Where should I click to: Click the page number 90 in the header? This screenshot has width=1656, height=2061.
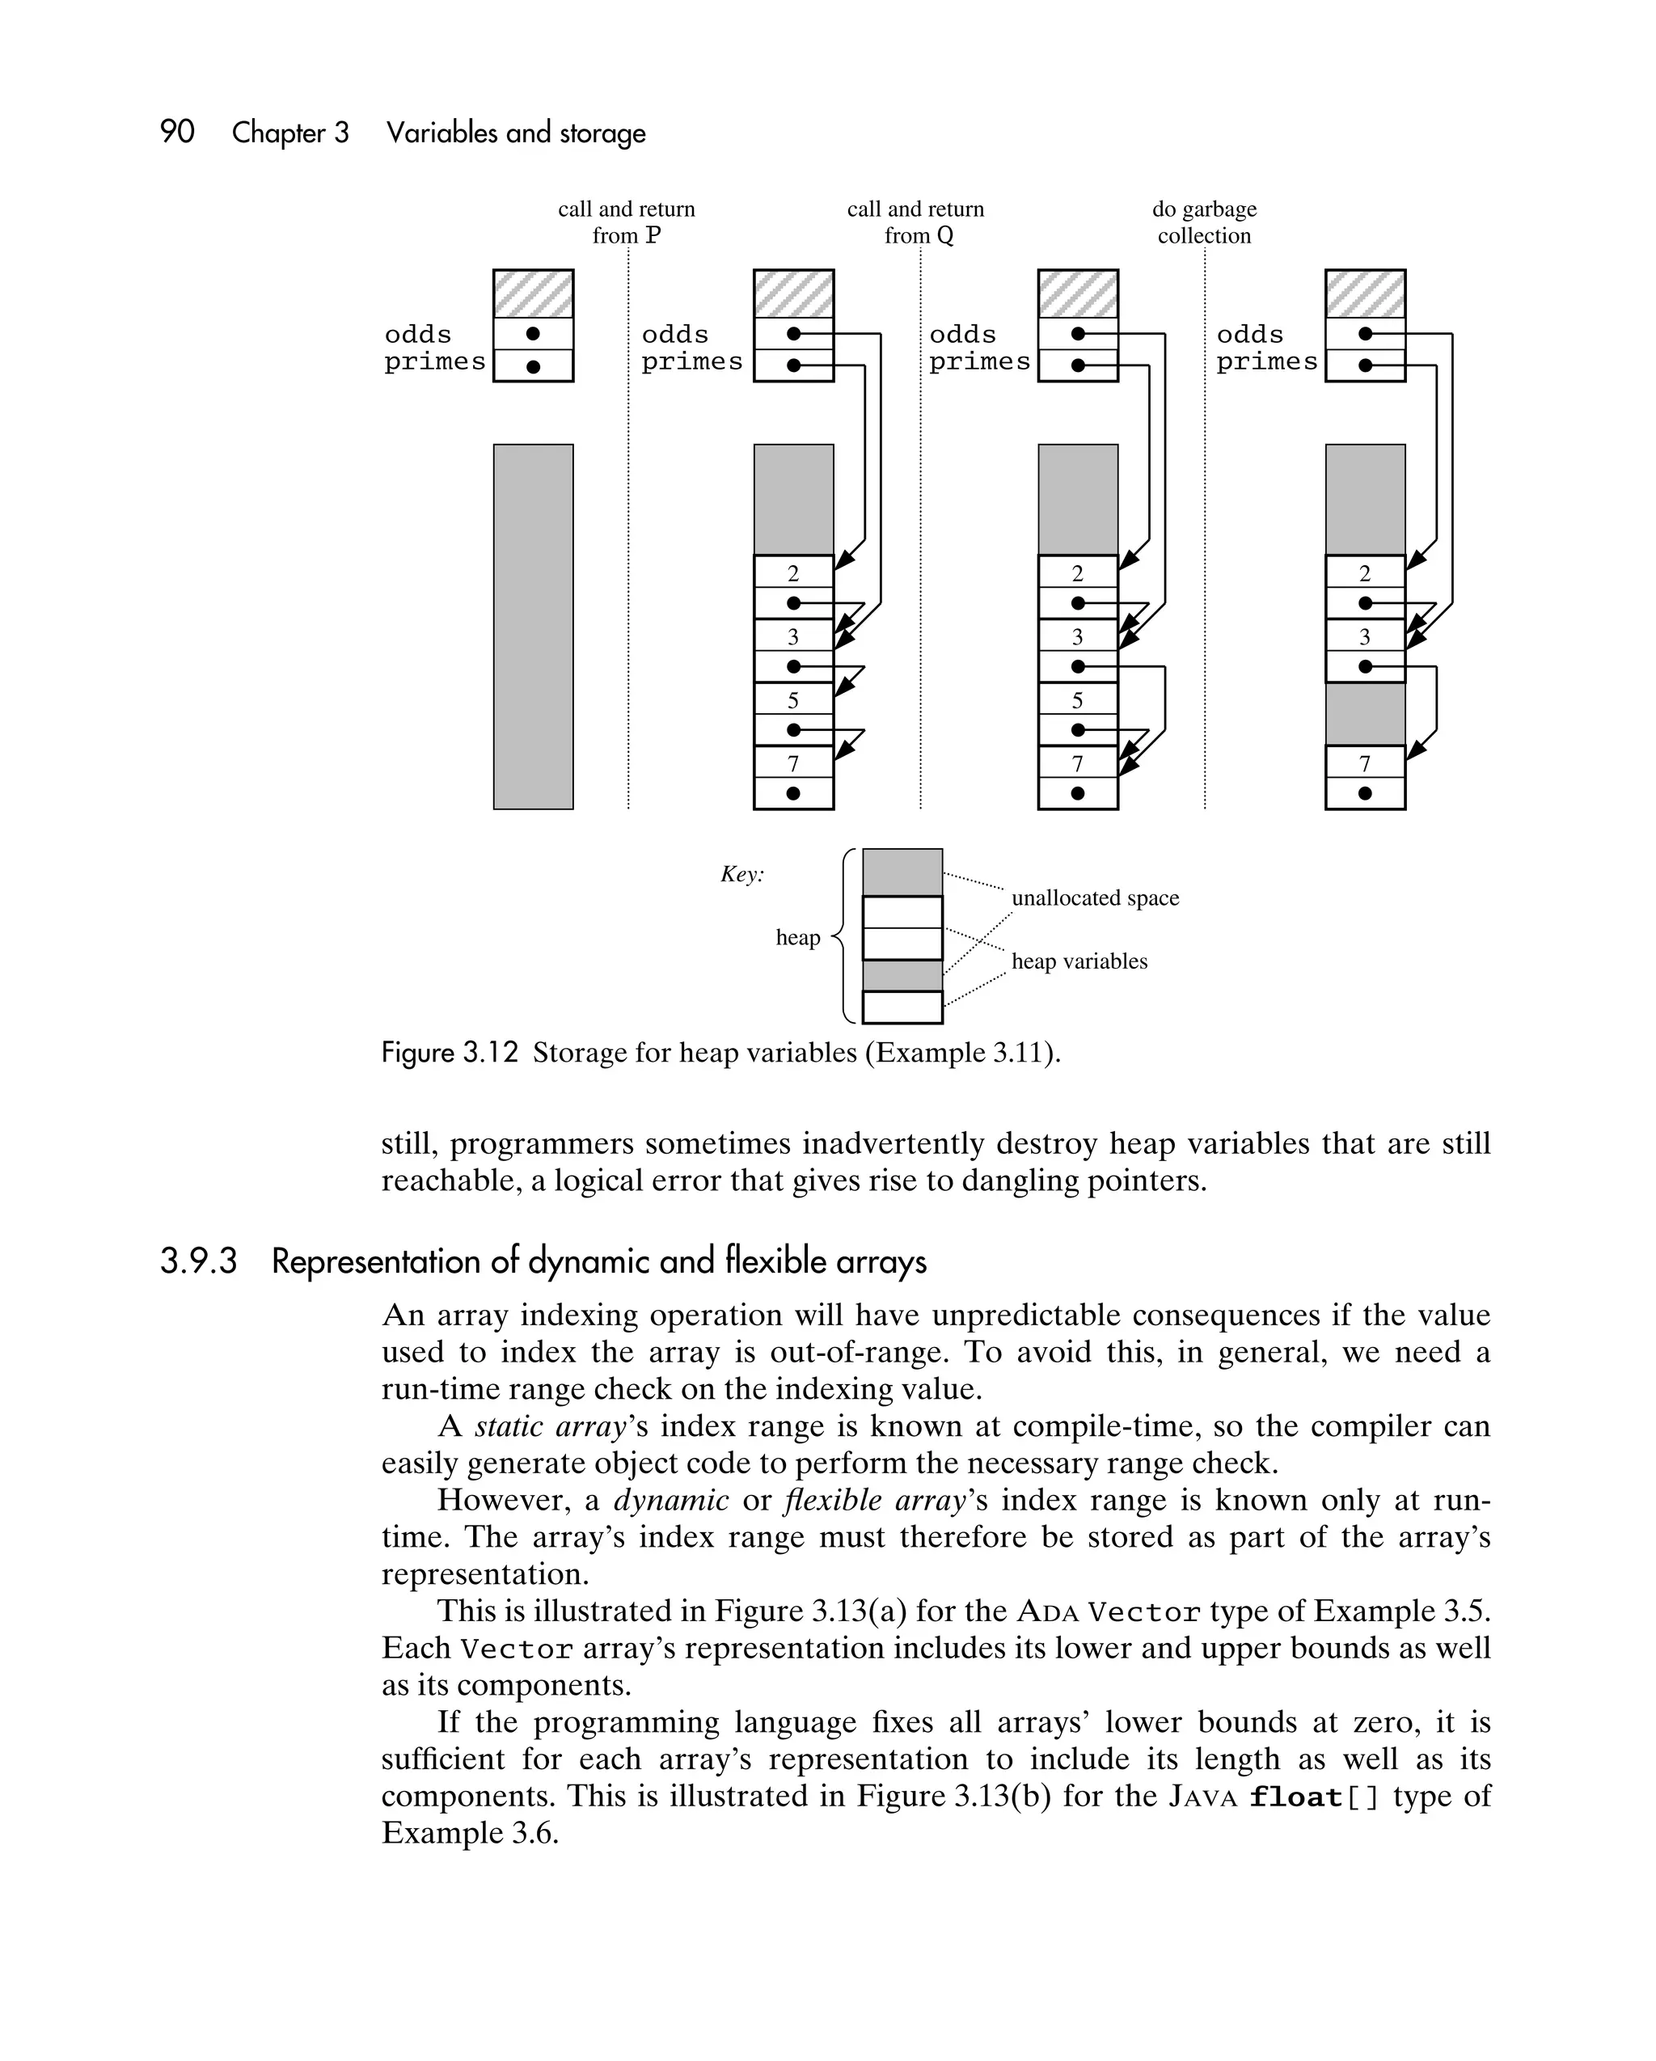coord(177,132)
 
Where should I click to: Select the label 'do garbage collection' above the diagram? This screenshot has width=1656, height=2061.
coord(1204,222)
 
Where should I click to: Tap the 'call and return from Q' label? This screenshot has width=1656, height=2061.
coord(915,222)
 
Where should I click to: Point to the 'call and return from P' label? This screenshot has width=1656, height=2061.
coord(627,222)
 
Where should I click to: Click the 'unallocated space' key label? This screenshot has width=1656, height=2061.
coord(1095,897)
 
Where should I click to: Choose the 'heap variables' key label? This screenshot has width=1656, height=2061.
coord(1079,961)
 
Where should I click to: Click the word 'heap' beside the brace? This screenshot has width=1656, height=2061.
coord(797,937)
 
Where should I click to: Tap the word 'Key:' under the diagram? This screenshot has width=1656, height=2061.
coord(742,874)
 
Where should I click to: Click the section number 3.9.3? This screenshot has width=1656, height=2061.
coord(198,1261)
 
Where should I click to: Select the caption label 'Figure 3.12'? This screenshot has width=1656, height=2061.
coord(450,1053)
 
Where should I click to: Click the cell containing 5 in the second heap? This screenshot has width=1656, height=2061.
coord(792,699)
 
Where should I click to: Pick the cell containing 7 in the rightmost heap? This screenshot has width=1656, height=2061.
coord(1364,762)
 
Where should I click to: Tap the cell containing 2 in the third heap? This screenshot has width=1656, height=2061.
coord(1078,572)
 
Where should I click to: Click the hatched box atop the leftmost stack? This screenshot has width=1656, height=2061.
coord(533,294)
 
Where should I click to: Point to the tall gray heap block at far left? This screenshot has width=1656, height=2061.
coord(533,626)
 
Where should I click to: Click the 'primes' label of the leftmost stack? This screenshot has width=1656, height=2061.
coord(435,362)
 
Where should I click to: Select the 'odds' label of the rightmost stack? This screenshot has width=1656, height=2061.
coord(1249,335)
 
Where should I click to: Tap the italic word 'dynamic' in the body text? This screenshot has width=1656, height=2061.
coord(670,1500)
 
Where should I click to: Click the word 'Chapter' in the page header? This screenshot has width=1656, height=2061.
coord(289,132)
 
